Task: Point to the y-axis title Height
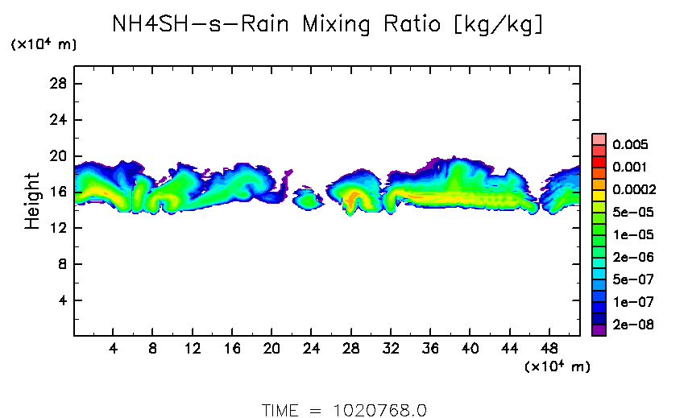[x=32, y=201]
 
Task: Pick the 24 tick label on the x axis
[x=311, y=350]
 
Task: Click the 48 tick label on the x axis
[x=549, y=350]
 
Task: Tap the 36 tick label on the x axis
[x=430, y=350]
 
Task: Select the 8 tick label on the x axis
[x=152, y=350]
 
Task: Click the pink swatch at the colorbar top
[x=598, y=139]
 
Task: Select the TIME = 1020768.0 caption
[x=344, y=409]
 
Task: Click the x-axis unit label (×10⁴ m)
[x=557, y=366]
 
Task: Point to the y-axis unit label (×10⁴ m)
[x=44, y=45]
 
